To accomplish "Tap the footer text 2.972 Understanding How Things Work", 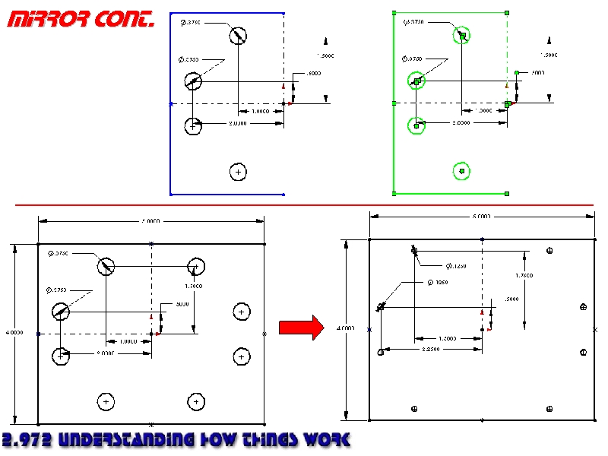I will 176,440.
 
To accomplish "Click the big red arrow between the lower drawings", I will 301,328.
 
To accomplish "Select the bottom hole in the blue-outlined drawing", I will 239,173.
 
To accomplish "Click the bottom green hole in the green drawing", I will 462,172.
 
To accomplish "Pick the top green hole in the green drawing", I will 462,35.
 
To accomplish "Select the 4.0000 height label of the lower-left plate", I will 14,333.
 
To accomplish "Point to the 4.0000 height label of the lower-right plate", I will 345,329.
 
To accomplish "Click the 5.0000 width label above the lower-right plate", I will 482,217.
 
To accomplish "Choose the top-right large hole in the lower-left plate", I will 197,266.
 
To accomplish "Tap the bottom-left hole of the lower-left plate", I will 106,401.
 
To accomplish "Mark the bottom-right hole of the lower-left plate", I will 197,401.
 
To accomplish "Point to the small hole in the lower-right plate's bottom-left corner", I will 414,409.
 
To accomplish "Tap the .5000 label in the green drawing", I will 537,73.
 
